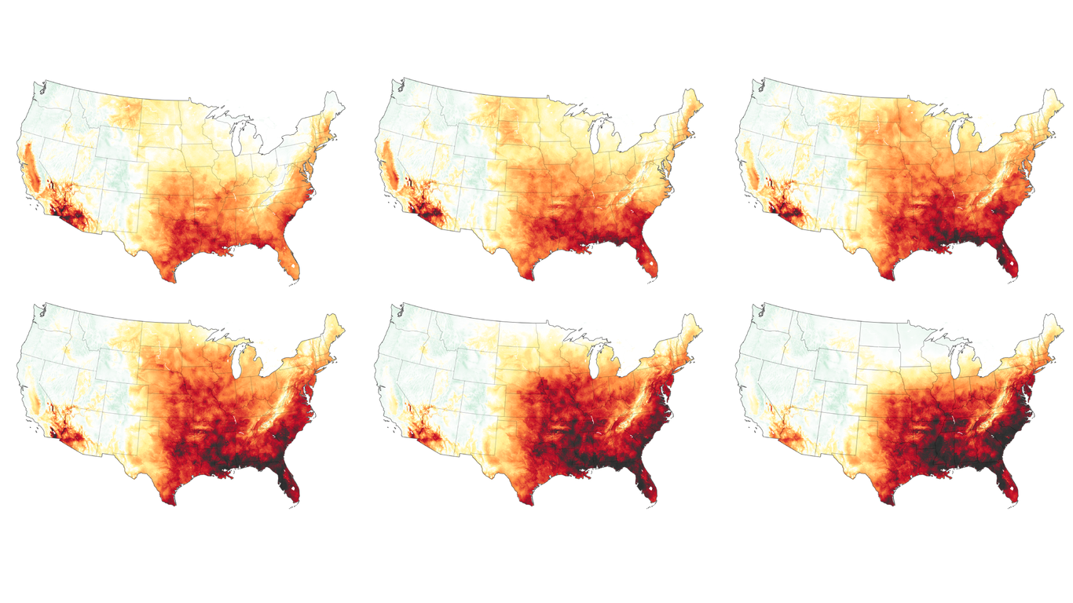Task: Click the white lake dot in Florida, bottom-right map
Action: click(1013, 493)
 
